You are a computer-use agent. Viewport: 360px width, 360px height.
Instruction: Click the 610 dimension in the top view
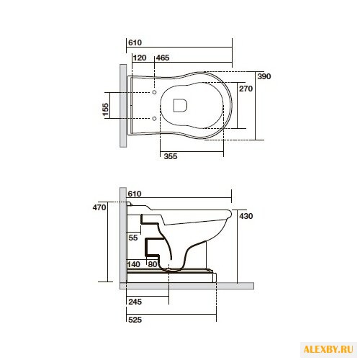pos(135,43)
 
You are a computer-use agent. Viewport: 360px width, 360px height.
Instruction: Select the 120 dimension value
pos(140,57)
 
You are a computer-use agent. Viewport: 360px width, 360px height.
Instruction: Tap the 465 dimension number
pos(163,57)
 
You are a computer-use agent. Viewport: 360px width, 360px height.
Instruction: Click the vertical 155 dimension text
pos(106,109)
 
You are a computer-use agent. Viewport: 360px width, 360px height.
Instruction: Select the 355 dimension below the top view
pos(170,156)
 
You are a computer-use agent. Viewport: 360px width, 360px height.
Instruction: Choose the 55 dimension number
pos(133,237)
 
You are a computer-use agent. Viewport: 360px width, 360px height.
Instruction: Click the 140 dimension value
pos(133,265)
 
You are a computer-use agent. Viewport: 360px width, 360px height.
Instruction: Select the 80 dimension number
pos(151,265)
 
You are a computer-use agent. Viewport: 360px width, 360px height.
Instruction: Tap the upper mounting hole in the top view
pos(154,92)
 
